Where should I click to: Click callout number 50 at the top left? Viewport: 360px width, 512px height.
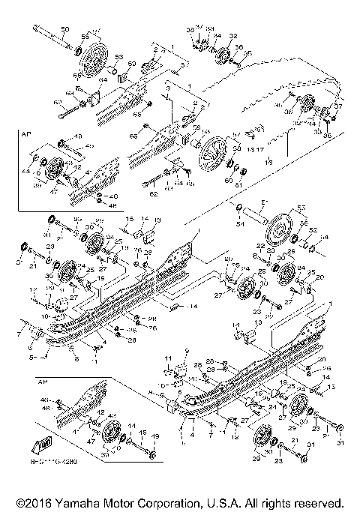(x=64, y=28)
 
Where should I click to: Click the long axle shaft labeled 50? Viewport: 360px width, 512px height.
(x=56, y=39)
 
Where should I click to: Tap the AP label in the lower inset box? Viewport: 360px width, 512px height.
(x=26, y=382)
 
